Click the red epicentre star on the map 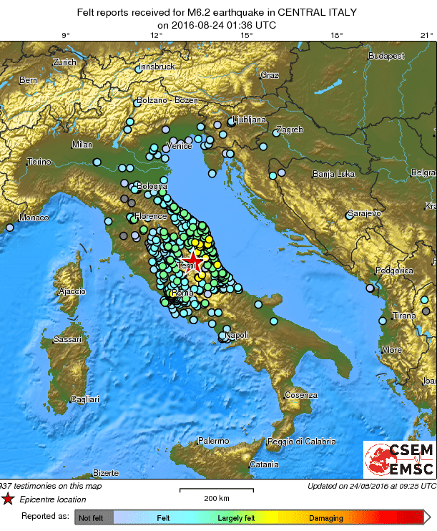click(x=192, y=261)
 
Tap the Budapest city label click(x=386, y=56)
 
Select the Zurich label click(x=64, y=62)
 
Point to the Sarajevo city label click(x=363, y=213)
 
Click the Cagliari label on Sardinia click(x=84, y=399)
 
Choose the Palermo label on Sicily click(x=213, y=441)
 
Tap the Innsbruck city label click(x=157, y=67)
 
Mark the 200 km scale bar click(x=216, y=491)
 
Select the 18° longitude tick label click(x=336, y=34)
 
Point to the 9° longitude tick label click(x=65, y=34)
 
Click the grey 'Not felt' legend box click(x=92, y=517)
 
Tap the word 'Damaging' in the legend click(x=325, y=517)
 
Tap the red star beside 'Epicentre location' click(x=7, y=500)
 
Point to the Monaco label click(x=33, y=218)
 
